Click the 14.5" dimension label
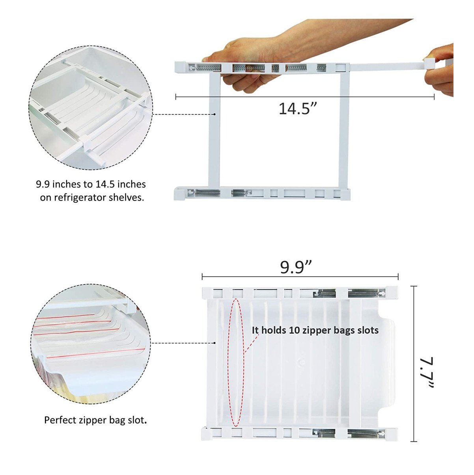298,108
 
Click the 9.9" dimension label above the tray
296,267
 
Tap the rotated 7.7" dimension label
426,373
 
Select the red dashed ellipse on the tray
236,362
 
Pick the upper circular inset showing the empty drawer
91,107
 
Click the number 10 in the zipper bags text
294,330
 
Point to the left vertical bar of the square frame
214,130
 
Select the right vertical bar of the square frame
344,130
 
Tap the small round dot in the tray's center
301,361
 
